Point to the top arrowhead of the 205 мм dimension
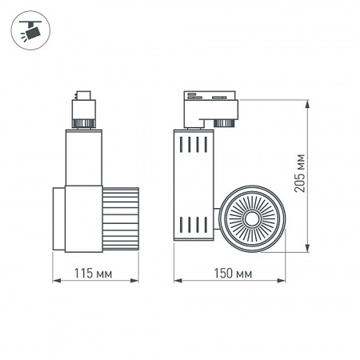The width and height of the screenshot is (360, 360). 310,101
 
